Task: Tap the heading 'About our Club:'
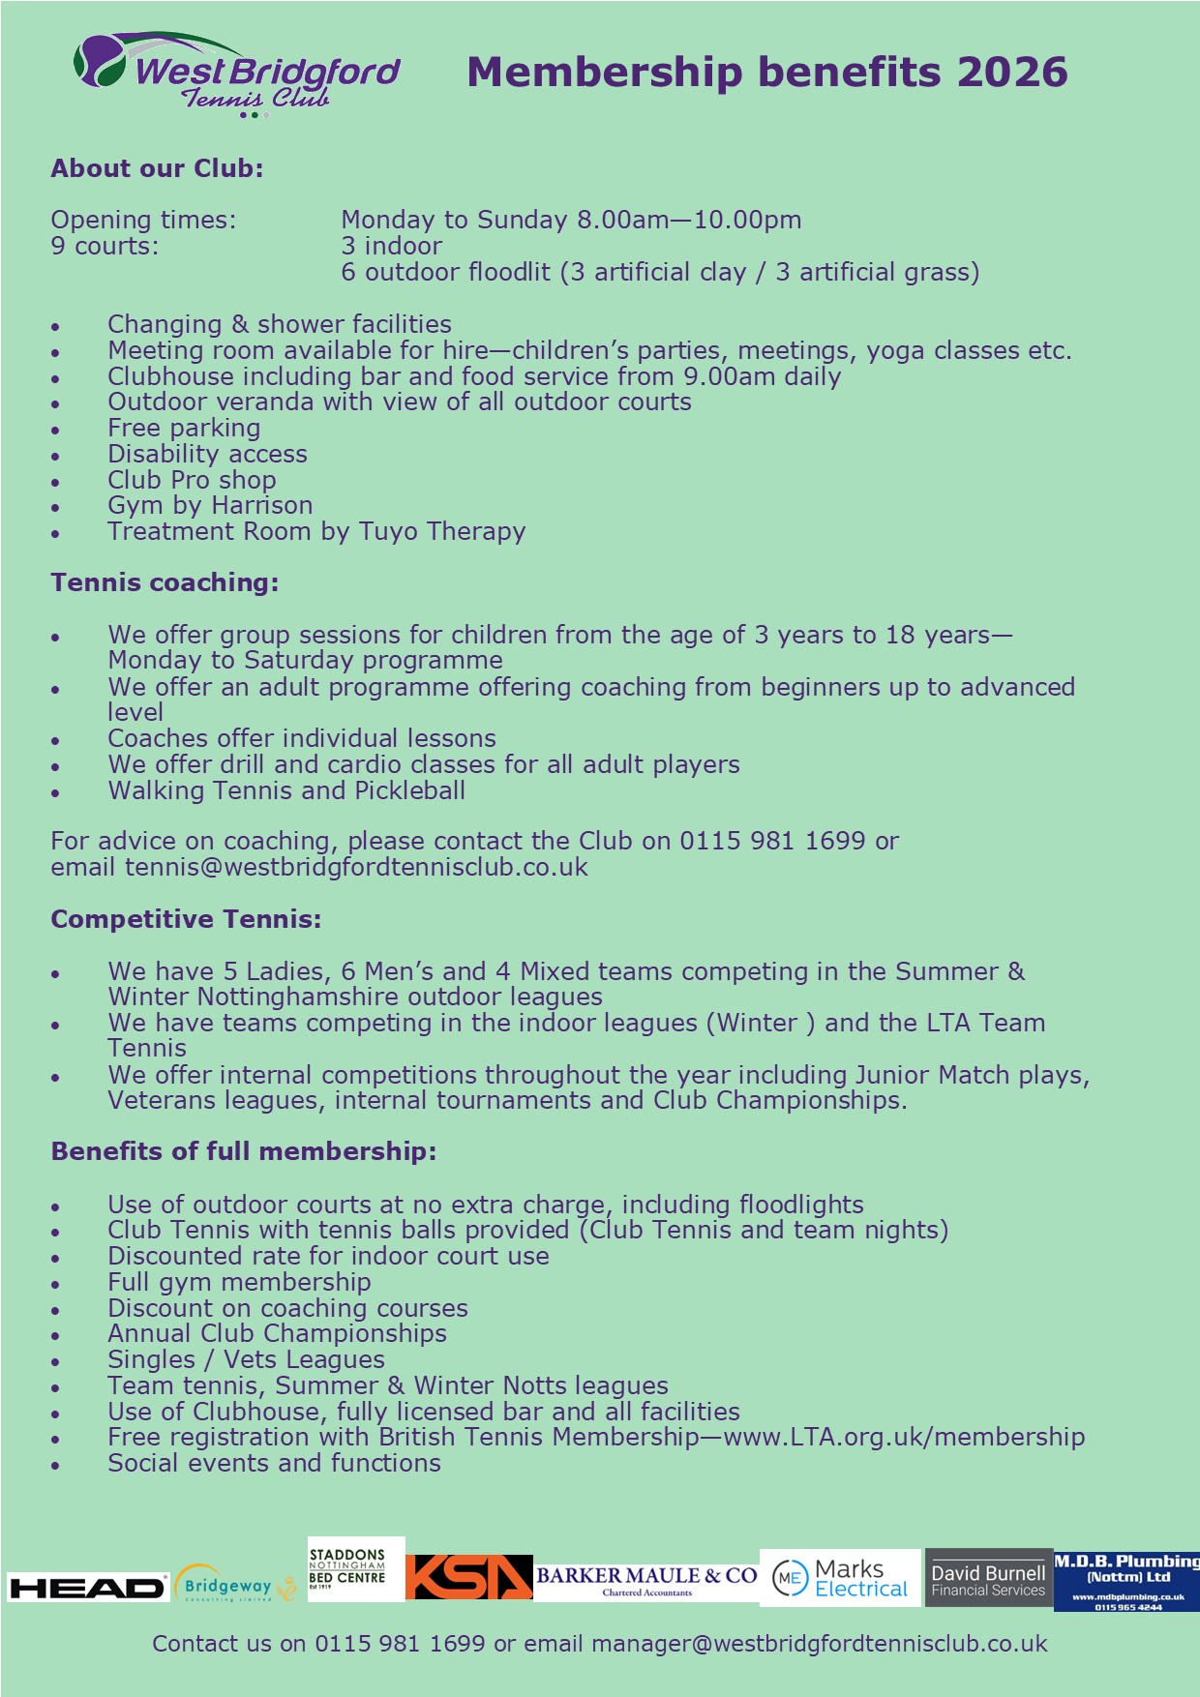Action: click(157, 168)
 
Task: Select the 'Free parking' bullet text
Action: click(184, 428)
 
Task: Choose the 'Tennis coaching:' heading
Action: click(165, 582)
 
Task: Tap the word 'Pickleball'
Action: click(409, 790)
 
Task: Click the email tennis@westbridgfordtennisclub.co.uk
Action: click(356, 867)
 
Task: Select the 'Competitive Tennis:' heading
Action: click(186, 919)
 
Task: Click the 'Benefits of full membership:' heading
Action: click(244, 1151)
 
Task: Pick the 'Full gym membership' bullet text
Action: click(239, 1282)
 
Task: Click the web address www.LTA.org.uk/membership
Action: click(904, 1437)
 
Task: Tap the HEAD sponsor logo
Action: click(87, 1587)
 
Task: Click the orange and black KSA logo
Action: click(468, 1577)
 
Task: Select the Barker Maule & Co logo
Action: click(646, 1578)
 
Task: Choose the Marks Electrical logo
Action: click(840, 1578)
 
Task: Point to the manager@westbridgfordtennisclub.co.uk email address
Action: click(819, 1644)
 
